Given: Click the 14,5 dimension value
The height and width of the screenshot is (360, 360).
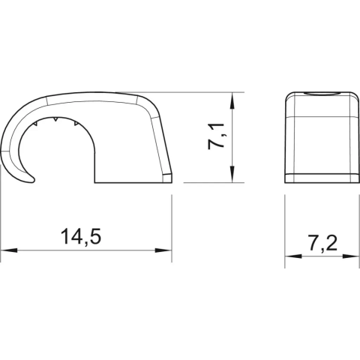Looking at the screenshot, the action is [x=81, y=236].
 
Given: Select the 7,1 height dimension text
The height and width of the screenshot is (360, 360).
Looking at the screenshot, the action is [x=216, y=136].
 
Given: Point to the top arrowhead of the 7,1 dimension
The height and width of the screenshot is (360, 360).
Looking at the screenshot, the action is [x=232, y=101].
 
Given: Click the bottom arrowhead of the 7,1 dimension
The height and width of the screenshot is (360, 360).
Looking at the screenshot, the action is [x=232, y=174].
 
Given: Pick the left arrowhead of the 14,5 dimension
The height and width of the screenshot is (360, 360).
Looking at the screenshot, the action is [x=10, y=250].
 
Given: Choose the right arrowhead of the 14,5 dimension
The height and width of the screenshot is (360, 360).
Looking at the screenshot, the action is [x=163, y=250].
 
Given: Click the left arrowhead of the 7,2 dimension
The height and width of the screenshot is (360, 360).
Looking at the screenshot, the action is [x=293, y=256].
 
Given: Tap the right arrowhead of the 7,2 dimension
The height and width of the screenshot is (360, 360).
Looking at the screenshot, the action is [x=351, y=256].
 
